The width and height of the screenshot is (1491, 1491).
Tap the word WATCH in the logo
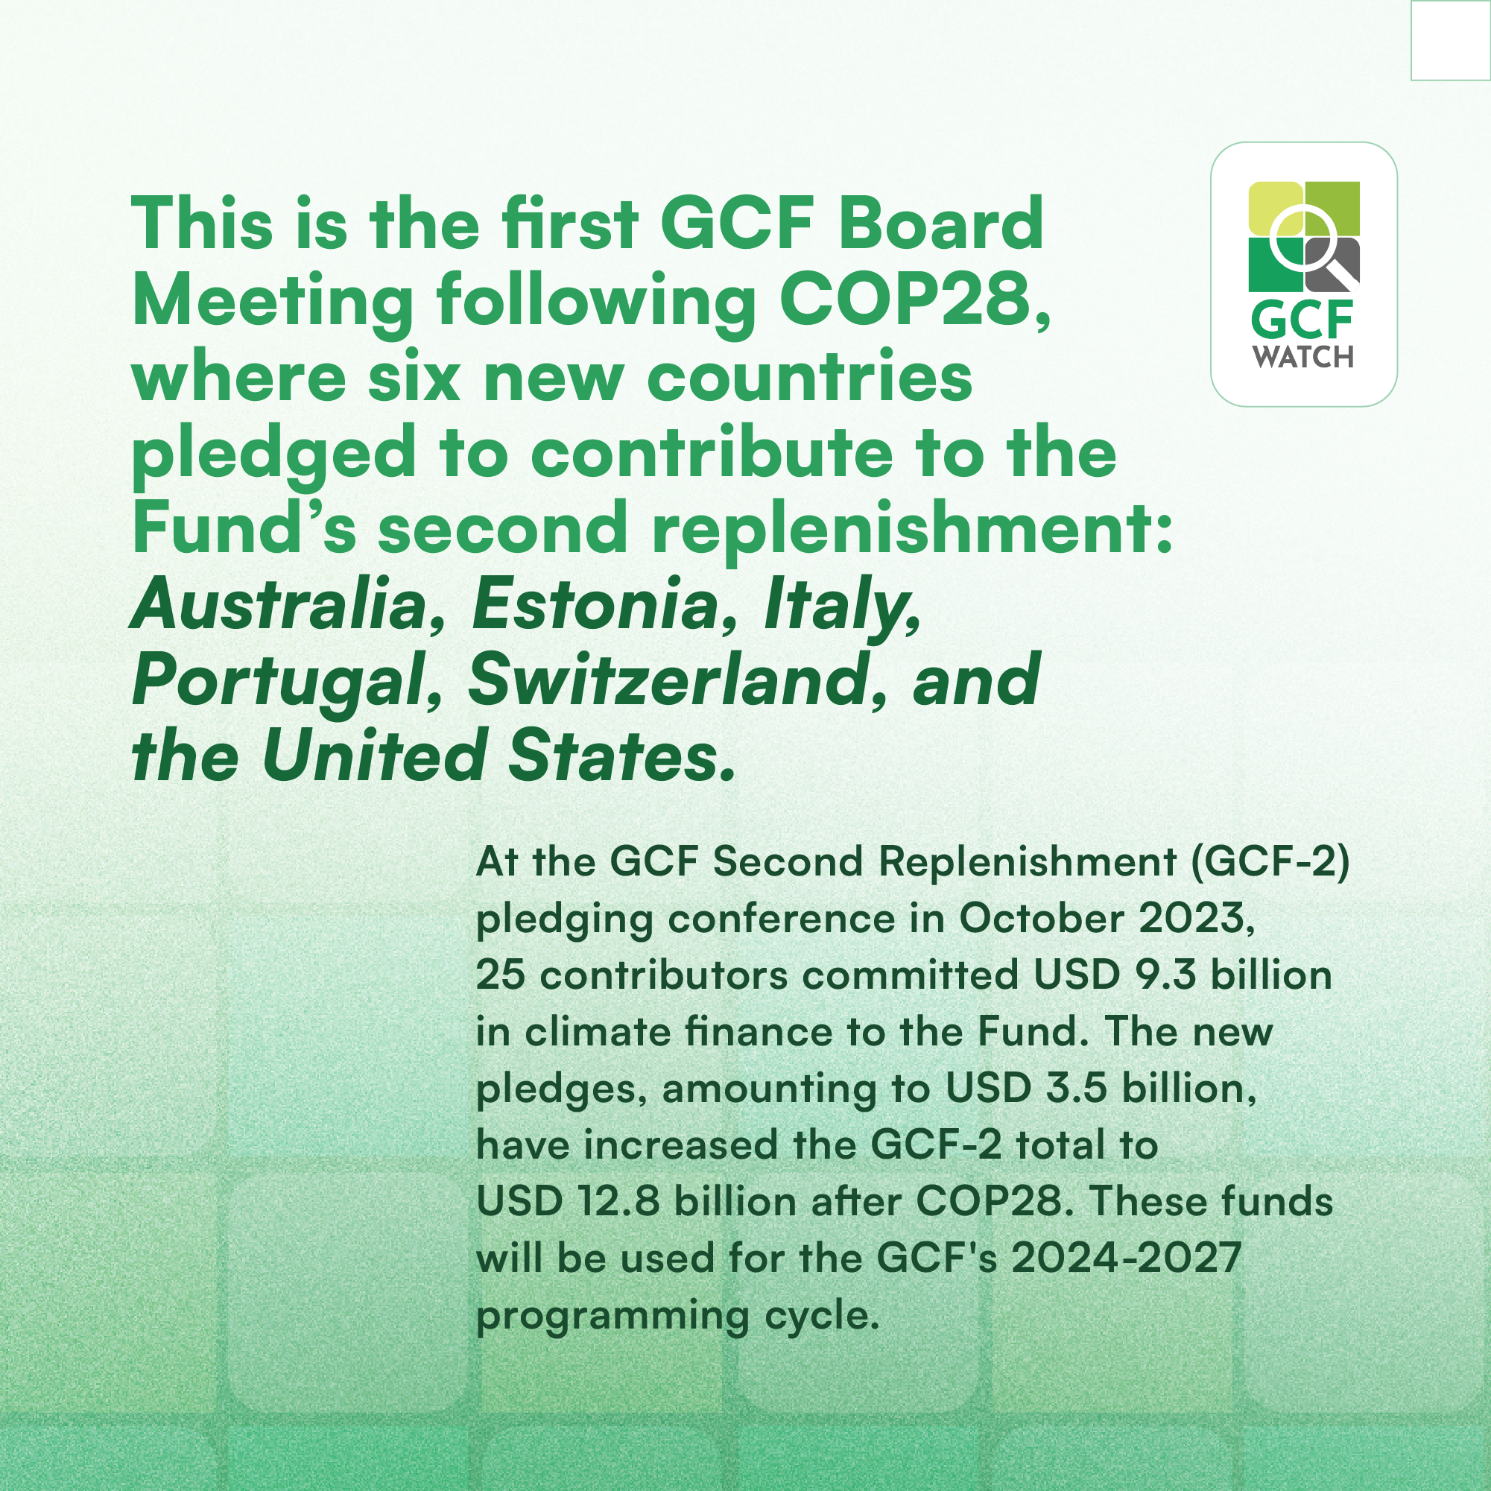(x=1303, y=356)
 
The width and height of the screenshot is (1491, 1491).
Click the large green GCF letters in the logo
(x=1302, y=320)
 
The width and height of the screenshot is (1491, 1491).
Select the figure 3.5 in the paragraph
(x=1077, y=1088)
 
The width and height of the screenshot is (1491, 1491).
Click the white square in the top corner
(x=1451, y=39)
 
